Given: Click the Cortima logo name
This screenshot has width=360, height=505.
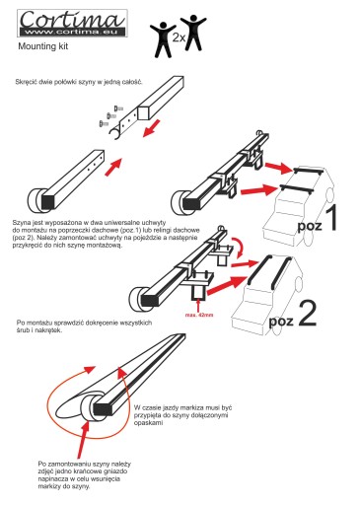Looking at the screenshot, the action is [x=72, y=19].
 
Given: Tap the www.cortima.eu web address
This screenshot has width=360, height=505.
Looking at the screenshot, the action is [x=72, y=32].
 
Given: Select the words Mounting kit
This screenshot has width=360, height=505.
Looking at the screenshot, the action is [x=43, y=46].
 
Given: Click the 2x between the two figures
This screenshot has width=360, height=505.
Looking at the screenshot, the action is [x=179, y=37].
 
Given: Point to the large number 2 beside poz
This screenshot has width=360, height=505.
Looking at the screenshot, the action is [x=307, y=314].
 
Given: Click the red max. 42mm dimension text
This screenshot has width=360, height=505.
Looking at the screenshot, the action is [x=199, y=315].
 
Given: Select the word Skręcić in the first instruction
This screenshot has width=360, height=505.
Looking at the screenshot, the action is [x=26, y=82].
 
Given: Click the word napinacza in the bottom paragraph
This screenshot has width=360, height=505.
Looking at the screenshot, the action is [x=52, y=479].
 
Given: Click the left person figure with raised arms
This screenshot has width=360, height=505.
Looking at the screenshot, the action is [x=163, y=39].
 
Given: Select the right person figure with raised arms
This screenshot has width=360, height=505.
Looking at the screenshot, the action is [x=193, y=33].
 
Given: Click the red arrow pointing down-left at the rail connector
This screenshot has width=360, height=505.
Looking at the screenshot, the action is [x=152, y=128].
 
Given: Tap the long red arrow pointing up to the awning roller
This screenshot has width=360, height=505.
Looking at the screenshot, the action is [x=83, y=440].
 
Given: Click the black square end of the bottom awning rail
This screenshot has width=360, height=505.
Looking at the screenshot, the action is [x=102, y=409].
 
